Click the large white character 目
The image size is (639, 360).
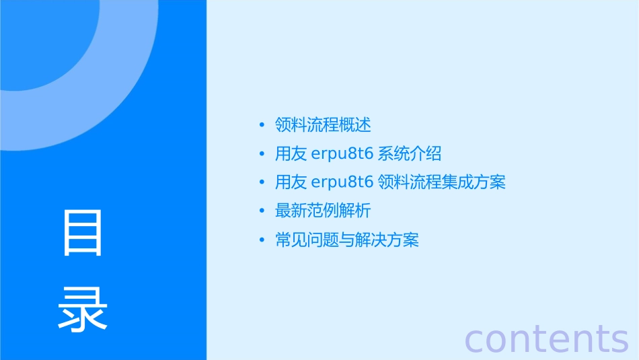click(83, 233)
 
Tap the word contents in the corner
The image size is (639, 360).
click(546, 338)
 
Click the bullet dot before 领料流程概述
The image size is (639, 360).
click(262, 125)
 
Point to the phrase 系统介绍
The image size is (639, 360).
click(410, 154)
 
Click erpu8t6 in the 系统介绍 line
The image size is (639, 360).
click(343, 154)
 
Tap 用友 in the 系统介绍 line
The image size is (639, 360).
click(291, 154)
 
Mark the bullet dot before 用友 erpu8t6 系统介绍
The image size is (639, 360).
click(262, 154)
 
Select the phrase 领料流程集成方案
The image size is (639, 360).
click(441, 182)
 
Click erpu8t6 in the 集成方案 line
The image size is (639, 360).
click(343, 182)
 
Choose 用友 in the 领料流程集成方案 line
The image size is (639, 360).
click(291, 182)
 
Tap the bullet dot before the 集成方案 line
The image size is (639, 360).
click(262, 182)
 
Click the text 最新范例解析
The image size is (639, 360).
click(323, 211)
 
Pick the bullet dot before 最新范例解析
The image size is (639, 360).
click(262, 211)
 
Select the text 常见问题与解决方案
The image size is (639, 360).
click(347, 240)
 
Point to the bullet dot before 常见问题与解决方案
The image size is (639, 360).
click(262, 240)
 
